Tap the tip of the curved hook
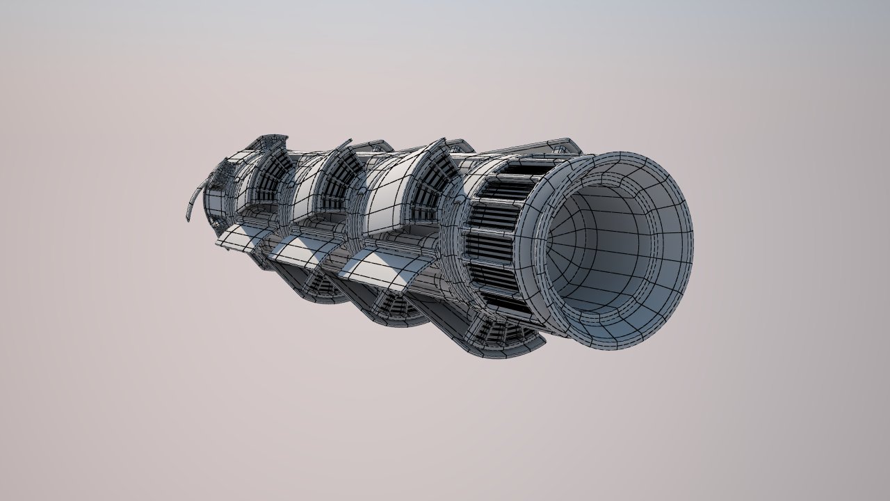coord(188,219)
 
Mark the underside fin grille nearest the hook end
coord(320,285)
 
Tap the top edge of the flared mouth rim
coord(626,154)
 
